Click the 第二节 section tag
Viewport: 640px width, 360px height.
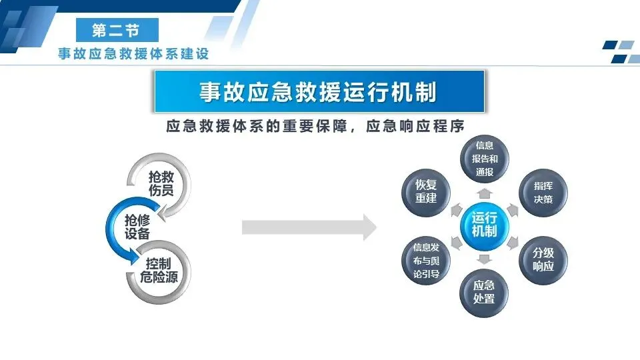coord(117,31)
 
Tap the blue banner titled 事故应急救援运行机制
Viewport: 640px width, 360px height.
coord(319,91)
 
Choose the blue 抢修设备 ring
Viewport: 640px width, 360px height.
coord(137,227)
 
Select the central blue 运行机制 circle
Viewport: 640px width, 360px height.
coord(484,225)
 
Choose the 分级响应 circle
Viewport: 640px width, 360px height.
coord(543,260)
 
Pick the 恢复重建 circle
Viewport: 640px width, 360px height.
coord(425,192)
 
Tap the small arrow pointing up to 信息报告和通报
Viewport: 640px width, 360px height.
coord(485,193)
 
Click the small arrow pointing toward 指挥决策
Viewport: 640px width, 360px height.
coord(513,209)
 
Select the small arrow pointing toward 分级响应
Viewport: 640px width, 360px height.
coord(513,242)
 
